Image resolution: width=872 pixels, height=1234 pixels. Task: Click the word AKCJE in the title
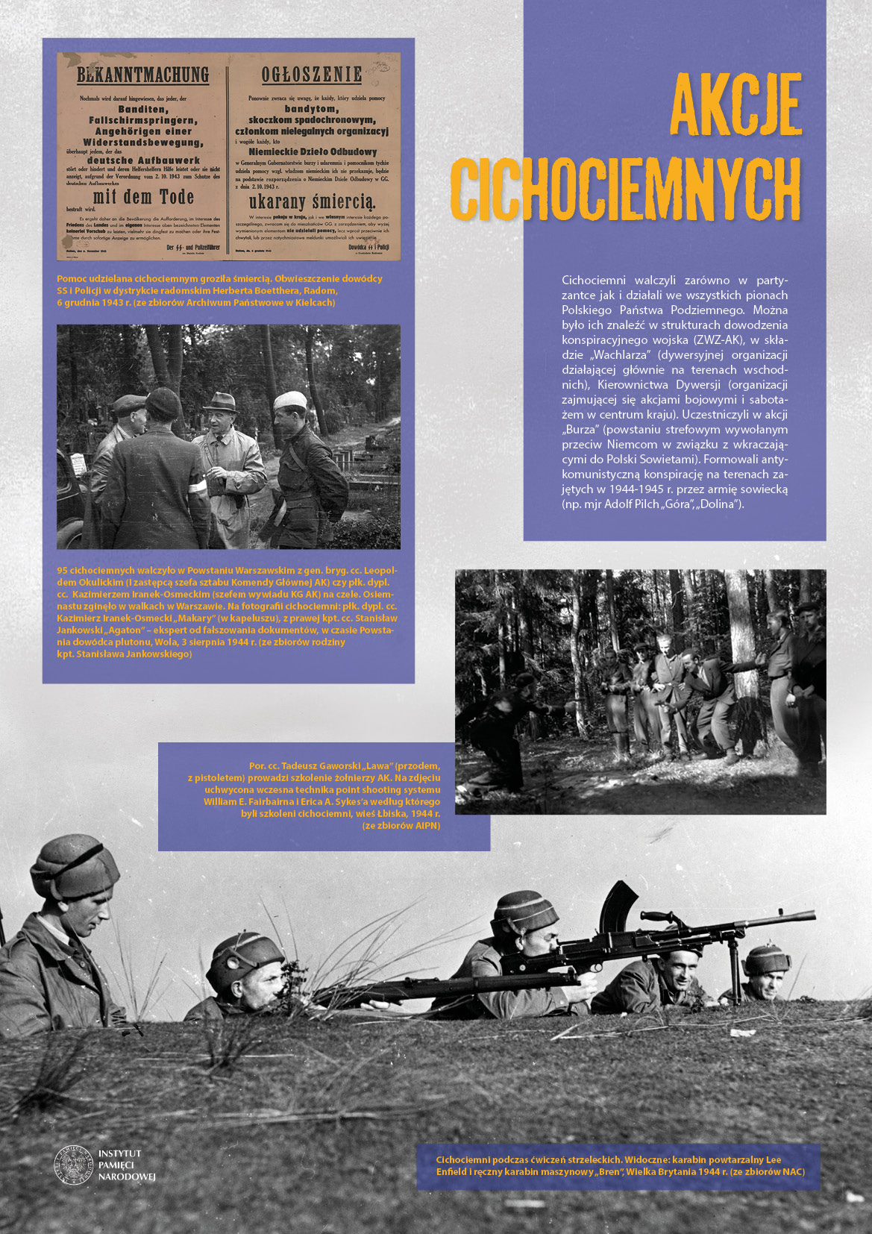pos(735,105)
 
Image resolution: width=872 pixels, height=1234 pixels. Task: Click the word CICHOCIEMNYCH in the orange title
pos(625,190)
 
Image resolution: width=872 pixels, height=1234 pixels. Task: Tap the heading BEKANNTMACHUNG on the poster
pos(143,75)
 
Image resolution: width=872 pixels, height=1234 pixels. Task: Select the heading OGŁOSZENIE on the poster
pos(312,75)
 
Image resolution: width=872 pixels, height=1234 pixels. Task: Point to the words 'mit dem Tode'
pos(143,198)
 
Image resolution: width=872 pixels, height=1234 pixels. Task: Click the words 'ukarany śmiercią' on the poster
pos(312,202)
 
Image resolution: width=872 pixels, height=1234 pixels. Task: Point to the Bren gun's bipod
pos(733,962)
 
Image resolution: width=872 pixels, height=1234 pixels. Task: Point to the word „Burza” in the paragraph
pos(581,430)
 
